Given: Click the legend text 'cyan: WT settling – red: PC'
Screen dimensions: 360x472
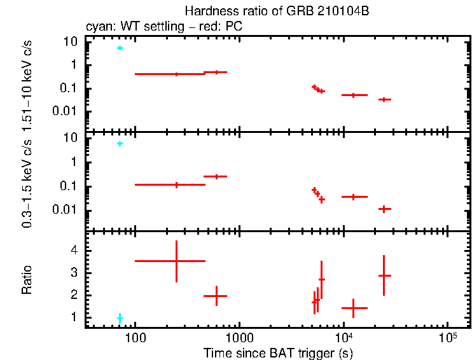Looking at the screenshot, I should point(163,27).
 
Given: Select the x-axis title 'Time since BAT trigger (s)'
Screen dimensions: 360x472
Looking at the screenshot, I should point(277,352).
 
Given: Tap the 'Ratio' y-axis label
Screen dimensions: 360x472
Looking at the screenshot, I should point(27,280).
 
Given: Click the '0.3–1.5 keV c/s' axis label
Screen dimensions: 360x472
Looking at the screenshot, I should point(27,181).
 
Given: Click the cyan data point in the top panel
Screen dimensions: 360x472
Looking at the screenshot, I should point(120,48).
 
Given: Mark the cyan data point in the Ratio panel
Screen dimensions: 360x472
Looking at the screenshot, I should point(120,317).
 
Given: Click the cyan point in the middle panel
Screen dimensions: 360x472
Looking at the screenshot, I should point(120,144).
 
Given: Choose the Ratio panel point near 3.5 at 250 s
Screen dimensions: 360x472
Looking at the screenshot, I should point(176,261).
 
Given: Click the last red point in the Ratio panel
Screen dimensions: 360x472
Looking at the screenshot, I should point(384,275).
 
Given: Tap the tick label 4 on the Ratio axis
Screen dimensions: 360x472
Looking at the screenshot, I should point(74,251).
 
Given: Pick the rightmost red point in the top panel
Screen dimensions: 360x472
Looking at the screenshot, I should point(384,99).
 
